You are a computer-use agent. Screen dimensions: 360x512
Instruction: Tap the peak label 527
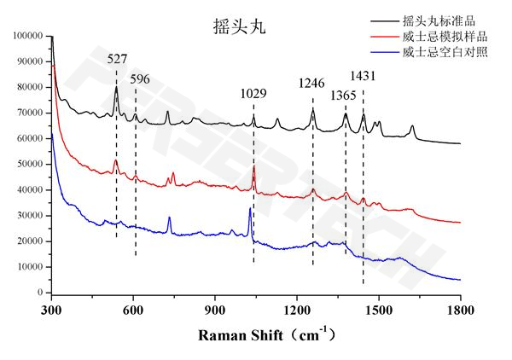117,60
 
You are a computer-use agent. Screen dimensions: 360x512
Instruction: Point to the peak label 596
140,79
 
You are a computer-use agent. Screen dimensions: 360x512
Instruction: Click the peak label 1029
253,92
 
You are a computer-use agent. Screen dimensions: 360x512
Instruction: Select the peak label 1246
311,84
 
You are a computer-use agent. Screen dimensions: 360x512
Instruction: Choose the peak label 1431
363,78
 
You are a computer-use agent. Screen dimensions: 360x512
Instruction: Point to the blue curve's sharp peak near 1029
250,208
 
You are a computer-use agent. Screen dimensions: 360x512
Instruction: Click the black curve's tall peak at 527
116,87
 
